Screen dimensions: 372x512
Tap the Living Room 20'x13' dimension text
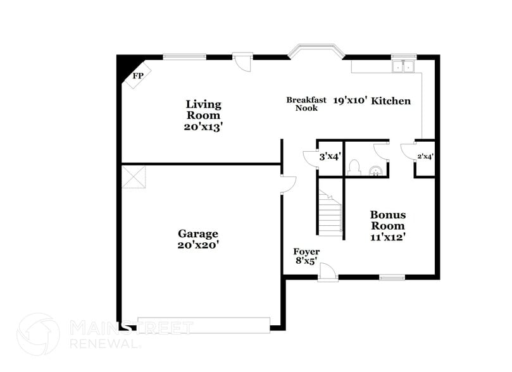click(203, 127)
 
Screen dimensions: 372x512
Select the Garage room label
click(197, 233)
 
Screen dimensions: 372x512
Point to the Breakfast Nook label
click(306, 104)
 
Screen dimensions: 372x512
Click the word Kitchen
click(390, 101)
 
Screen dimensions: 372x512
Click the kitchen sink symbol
click(403, 65)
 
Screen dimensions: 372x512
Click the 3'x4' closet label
click(329, 156)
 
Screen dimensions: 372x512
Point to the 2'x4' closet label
click(425, 156)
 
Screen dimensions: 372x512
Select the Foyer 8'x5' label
click(306, 257)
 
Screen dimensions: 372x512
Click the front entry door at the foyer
click(327, 273)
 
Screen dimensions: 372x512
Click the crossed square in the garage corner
click(134, 177)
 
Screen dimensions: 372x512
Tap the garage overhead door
click(204, 325)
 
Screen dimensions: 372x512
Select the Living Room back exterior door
click(242, 62)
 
